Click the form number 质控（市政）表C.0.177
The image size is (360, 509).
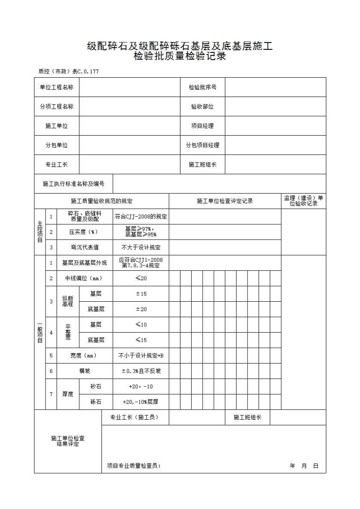pyautogui.click(x=68, y=72)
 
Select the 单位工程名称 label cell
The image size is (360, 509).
pyautogui.click(x=57, y=87)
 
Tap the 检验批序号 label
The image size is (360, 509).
pyautogui.click(x=202, y=87)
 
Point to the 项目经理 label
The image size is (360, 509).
pyautogui.click(x=202, y=126)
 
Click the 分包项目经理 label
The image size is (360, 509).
pyautogui.click(x=202, y=145)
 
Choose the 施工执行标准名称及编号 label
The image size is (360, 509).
pyautogui.click(x=73, y=184)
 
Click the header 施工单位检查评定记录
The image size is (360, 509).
pyautogui.click(x=225, y=201)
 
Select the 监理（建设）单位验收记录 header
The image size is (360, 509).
pyautogui.click(x=303, y=201)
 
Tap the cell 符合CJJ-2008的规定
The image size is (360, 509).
pyautogui.click(x=141, y=217)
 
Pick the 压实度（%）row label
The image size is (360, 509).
pyautogui.click(x=84, y=232)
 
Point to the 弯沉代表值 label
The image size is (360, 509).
pyautogui.click(x=84, y=247)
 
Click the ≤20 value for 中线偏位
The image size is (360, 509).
pyautogui.click(x=141, y=279)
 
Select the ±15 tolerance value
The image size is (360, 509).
pyautogui.click(x=141, y=294)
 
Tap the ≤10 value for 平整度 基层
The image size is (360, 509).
pyautogui.click(x=141, y=325)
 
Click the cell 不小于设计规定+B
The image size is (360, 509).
pyautogui.click(x=141, y=355)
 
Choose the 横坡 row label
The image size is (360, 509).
pyautogui.click(x=84, y=371)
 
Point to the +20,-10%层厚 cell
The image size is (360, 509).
pyautogui.click(x=141, y=402)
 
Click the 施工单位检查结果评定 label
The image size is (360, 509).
pyautogui.click(x=68, y=441)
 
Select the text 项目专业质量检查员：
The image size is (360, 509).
pyautogui.click(x=134, y=466)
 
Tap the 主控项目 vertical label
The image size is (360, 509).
pyautogui.click(x=40, y=232)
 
